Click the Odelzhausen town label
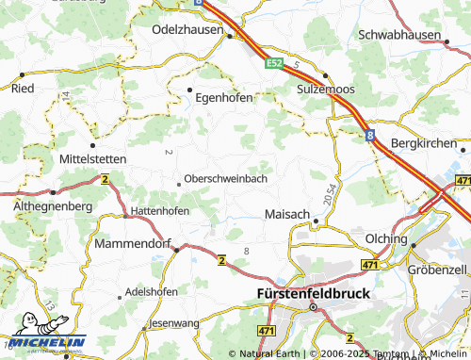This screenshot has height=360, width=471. (x=187, y=29)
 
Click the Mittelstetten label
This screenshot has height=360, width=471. (x=92, y=159)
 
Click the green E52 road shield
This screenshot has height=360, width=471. (x=274, y=63)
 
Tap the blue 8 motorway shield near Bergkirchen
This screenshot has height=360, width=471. (x=370, y=137)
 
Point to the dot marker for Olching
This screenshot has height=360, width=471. (x=413, y=245)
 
